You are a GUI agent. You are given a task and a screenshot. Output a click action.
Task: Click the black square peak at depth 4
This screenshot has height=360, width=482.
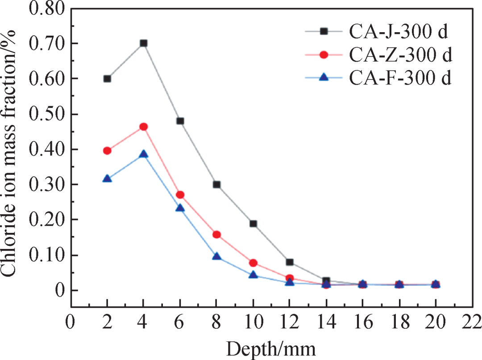pos(143,43)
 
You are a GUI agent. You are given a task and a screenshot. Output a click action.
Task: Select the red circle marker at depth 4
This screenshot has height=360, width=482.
pos(143,127)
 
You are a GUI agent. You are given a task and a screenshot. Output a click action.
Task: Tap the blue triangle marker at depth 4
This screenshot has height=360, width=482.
pos(143,154)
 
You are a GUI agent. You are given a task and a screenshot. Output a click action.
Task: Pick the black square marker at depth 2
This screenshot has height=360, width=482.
pos(107,79)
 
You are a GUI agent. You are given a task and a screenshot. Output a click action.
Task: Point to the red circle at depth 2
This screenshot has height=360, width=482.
pos(107,151)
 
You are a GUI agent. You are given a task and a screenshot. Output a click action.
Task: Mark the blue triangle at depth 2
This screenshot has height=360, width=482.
pos(107,178)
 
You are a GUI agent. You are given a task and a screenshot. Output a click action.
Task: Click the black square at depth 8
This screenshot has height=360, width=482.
pos(217,184)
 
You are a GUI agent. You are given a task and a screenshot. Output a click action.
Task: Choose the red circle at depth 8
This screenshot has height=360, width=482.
pos(217,235)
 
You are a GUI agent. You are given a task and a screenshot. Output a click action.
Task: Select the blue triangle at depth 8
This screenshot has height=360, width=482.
pos(217,256)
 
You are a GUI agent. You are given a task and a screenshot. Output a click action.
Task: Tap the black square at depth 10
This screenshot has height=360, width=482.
pos(253,223)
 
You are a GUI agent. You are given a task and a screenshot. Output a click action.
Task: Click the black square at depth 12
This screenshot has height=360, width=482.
pos(290,262)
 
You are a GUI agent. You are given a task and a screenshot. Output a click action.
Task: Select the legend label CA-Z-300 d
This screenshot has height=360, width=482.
pos(399,55)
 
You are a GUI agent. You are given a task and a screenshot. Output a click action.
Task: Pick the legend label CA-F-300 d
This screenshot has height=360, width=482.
pos(399,78)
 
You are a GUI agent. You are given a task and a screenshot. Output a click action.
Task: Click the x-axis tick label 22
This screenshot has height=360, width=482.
pos(471,321)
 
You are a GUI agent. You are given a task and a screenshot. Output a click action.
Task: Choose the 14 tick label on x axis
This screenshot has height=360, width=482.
pos(326,321)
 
